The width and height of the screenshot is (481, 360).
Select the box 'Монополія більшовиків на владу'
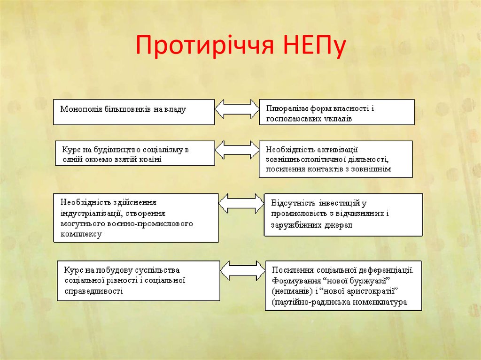tap(134, 112)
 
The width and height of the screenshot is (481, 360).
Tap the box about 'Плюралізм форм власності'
tap(337, 112)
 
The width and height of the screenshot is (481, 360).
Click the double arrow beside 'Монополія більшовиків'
tap(237, 109)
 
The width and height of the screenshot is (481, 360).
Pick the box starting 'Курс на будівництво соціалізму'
tap(135, 153)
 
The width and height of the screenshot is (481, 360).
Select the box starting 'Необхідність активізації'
tap(336, 159)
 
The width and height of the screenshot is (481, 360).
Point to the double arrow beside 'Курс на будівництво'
tap(237, 150)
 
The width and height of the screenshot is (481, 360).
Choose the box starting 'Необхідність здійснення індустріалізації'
tap(136, 218)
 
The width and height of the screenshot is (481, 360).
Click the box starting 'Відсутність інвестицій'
tap(343, 214)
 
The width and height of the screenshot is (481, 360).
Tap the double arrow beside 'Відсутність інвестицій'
tap(241, 203)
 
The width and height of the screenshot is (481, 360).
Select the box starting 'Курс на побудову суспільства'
tap(139, 280)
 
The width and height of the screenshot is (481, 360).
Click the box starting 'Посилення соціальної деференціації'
tap(343, 285)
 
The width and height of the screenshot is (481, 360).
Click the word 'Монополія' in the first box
tap(77, 109)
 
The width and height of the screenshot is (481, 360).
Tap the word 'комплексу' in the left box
tap(81, 233)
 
